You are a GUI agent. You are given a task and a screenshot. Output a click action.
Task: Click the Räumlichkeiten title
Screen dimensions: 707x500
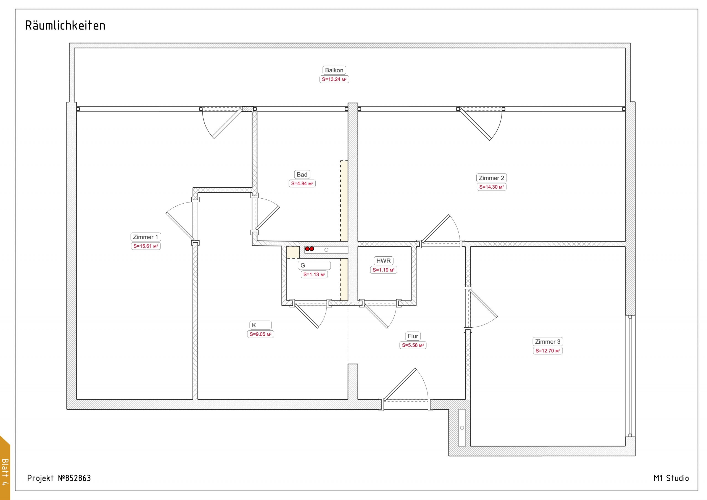click(x=65, y=26)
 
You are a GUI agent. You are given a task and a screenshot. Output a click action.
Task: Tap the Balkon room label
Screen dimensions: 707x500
click(x=334, y=70)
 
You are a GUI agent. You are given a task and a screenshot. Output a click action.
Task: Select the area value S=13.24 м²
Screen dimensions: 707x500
click(x=334, y=80)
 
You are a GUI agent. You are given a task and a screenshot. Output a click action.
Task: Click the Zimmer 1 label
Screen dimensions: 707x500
click(x=145, y=237)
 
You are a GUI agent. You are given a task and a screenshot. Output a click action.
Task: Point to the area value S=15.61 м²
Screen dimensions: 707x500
click(x=146, y=246)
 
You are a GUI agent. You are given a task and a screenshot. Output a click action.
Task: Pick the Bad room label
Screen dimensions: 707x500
click(x=302, y=175)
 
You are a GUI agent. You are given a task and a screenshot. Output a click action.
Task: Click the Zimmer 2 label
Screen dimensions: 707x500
click(x=492, y=178)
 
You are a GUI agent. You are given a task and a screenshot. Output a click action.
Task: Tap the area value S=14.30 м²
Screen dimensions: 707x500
click(x=492, y=187)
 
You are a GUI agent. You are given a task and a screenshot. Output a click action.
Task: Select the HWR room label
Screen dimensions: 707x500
click(x=383, y=261)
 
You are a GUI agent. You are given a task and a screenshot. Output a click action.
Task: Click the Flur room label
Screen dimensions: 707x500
click(x=413, y=336)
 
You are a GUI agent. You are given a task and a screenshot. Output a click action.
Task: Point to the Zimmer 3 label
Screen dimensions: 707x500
click(x=548, y=342)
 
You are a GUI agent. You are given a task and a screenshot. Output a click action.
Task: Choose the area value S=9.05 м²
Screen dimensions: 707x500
click(x=260, y=334)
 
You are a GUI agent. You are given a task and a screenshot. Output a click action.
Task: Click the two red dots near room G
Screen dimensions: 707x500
click(x=310, y=249)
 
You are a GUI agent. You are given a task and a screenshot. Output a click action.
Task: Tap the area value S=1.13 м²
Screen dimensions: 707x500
click(x=314, y=275)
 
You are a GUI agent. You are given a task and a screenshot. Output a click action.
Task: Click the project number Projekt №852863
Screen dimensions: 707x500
click(x=59, y=478)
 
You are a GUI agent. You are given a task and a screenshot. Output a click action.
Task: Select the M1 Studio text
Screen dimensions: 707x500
click(x=671, y=478)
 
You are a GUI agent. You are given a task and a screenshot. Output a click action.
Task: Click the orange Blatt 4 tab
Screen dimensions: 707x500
click(x=5, y=468)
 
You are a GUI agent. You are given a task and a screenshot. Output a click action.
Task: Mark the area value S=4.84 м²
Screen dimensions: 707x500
click(x=302, y=184)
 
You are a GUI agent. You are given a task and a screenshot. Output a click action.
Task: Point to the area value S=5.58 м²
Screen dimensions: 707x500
click(x=413, y=345)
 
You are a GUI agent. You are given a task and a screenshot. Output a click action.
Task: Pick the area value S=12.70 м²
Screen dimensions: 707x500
click(x=548, y=351)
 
